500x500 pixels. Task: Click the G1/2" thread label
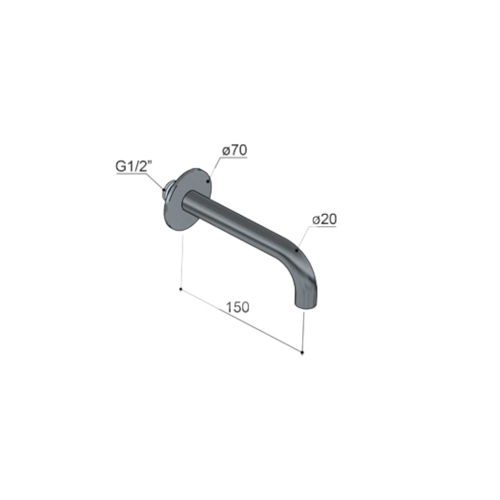point(134,166)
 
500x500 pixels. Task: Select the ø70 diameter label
point(234,150)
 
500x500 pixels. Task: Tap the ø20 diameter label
point(324,219)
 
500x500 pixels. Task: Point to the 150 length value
point(237,307)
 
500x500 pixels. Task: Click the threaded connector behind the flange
point(168,190)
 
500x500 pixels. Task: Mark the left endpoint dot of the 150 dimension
point(181,289)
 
